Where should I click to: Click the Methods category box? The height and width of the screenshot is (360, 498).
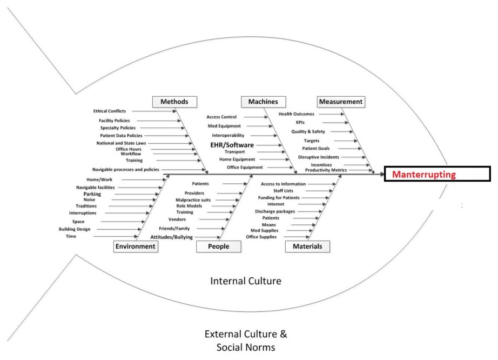coord(174,102)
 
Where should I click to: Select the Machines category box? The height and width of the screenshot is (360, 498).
coord(263,102)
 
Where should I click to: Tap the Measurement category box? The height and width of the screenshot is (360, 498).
coord(341,102)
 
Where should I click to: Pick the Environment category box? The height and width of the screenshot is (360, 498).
coord(135,246)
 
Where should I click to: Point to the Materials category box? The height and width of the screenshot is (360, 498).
coord(307,246)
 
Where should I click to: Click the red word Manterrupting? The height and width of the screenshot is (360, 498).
coord(424,175)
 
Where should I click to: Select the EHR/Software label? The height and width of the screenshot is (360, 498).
coord(232,145)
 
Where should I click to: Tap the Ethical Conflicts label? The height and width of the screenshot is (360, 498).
coord(110,111)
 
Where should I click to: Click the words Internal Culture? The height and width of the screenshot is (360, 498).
coord(246,281)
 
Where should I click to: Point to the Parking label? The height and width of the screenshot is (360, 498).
coord(92,194)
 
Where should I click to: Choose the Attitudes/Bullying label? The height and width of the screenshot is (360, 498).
coord(171,237)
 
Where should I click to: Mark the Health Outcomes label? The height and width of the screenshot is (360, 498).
coord(296,114)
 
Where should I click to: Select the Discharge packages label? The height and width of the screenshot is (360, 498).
coord(275,211)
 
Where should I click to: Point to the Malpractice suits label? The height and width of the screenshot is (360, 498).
coord(193,200)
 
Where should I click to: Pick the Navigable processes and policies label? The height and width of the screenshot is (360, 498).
coord(125,170)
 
